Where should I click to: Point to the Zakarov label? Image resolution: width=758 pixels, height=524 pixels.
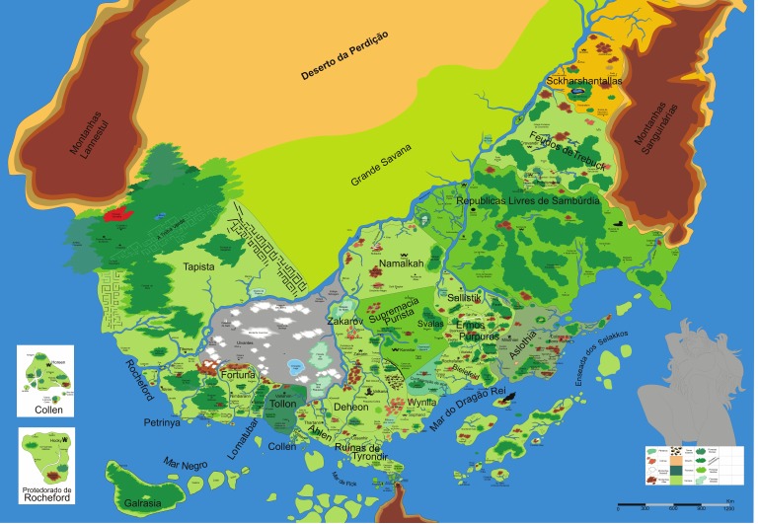[x=346, y=321]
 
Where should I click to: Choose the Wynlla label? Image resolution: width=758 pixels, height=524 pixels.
[x=420, y=402]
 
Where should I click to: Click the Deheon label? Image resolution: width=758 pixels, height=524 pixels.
[x=350, y=407]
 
